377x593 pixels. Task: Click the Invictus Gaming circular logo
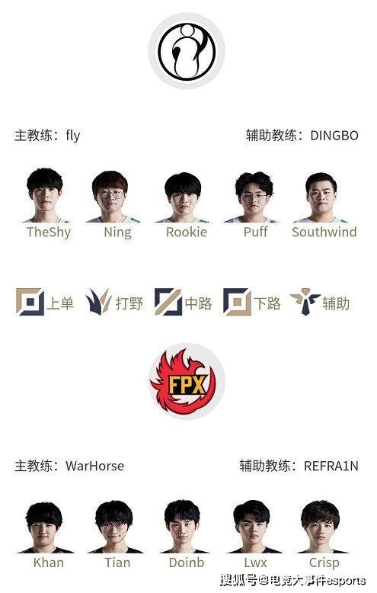click(187, 50)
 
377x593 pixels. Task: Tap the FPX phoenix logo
click(187, 381)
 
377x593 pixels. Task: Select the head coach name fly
click(73, 136)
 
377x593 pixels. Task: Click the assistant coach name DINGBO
click(334, 136)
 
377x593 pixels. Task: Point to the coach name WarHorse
click(94, 466)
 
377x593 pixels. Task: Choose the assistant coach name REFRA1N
click(331, 466)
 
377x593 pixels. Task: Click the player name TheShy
click(49, 232)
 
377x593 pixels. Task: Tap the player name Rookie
click(187, 232)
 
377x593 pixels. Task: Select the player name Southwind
click(324, 232)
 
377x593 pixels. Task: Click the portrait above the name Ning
click(110, 197)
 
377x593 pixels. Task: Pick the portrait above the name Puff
click(254, 197)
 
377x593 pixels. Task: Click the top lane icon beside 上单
click(30, 302)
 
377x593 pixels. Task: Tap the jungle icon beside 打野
click(98, 302)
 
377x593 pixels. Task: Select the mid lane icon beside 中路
click(168, 302)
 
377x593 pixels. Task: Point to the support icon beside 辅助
click(305, 301)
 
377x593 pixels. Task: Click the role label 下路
click(267, 303)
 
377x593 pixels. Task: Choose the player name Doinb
click(187, 563)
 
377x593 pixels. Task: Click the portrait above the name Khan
click(44, 527)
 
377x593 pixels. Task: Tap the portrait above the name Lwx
click(251, 527)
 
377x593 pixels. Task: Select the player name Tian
click(117, 563)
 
